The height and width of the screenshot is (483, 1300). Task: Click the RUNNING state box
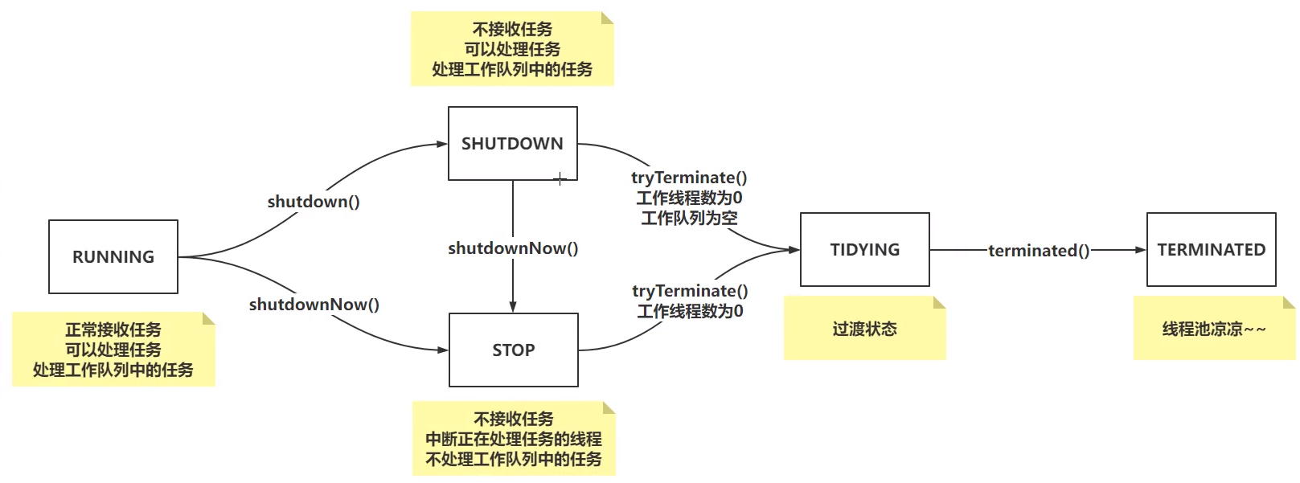pyautogui.click(x=113, y=256)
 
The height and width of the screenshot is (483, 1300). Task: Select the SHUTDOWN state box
pyautogui.click(x=513, y=143)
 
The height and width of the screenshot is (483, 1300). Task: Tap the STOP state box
pyautogui.click(x=514, y=350)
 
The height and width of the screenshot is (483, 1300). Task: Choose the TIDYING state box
pyautogui.click(x=865, y=249)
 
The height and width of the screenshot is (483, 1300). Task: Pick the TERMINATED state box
pyautogui.click(x=1211, y=249)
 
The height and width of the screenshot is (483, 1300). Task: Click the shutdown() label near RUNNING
pyautogui.click(x=314, y=201)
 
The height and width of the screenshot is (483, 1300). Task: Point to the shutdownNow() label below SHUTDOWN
pyautogui.click(x=513, y=248)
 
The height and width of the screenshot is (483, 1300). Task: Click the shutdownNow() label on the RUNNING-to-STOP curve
pyautogui.click(x=314, y=304)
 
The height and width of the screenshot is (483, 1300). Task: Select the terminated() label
pyautogui.click(x=1039, y=250)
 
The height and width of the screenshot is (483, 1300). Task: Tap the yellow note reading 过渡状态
pyautogui.click(x=865, y=328)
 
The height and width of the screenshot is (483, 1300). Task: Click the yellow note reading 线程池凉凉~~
pyautogui.click(x=1214, y=328)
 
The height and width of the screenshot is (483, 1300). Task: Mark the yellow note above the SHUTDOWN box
pyautogui.click(x=512, y=49)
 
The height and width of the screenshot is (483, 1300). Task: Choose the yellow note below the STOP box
pyautogui.click(x=514, y=439)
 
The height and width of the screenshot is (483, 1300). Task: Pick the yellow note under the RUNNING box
pyautogui.click(x=113, y=350)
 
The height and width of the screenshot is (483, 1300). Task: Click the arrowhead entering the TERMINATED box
pyautogui.click(x=1141, y=250)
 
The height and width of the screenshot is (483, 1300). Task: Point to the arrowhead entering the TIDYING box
pyautogui.click(x=794, y=250)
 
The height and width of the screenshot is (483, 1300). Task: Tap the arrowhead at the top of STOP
pyautogui.click(x=513, y=307)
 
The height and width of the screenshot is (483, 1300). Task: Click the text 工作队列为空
pyautogui.click(x=689, y=218)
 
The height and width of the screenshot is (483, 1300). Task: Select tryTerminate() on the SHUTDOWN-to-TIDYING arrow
pyautogui.click(x=689, y=178)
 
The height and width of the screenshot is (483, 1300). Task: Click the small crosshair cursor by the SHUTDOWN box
pyautogui.click(x=560, y=178)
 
